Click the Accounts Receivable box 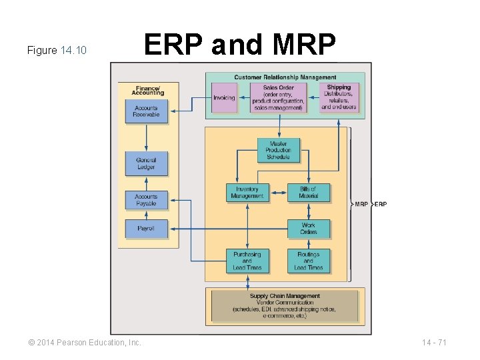(x=146, y=111)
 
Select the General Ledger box (x=146, y=163)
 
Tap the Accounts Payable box (x=146, y=200)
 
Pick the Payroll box (x=146, y=229)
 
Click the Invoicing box (x=224, y=98)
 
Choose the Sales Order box (x=278, y=97)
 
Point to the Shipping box (x=339, y=97)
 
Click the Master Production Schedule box (x=278, y=150)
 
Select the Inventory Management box (x=247, y=193)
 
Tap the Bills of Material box (x=309, y=193)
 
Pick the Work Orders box (x=309, y=229)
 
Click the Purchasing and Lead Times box (x=247, y=261)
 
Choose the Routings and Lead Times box (x=309, y=261)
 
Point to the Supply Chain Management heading (x=285, y=296)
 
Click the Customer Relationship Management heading (x=285, y=78)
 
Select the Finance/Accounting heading (x=149, y=90)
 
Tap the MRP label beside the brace (x=361, y=204)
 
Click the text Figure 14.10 (x=57, y=51)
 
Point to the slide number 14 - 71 (x=434, y=343)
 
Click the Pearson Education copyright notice (x=85, y=343)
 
